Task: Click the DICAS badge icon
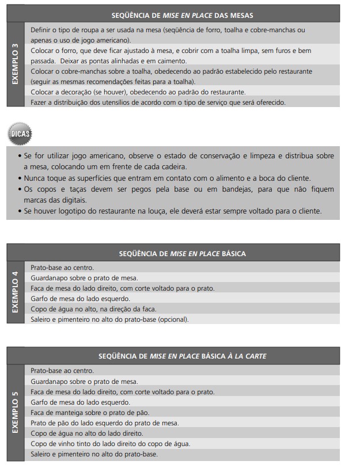click(x=20, y=134)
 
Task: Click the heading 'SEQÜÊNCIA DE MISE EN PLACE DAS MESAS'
click(x=182, y=15)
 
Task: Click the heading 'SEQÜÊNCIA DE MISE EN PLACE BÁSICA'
click(x=182, y=253)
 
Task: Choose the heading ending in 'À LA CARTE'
click(x=182, y=356)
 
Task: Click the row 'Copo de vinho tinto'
click(x=110, y=444)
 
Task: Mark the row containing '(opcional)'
click(x=109, y=319)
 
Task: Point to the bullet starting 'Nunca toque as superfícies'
click(x=167, y=178)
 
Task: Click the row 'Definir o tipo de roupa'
click(x=168, y=35)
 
